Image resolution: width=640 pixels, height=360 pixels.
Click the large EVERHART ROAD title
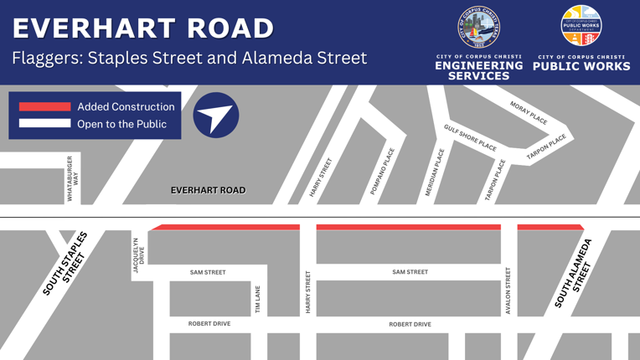click(142, 28)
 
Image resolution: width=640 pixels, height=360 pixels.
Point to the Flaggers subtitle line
click(189, 58)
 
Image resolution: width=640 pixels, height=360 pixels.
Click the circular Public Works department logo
click(581, 26)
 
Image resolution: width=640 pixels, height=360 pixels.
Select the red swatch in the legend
click(44, 106)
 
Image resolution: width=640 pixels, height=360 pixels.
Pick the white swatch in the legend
click(44, 124)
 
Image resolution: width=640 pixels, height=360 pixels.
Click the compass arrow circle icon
click(216, 116)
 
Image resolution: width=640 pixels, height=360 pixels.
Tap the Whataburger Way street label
click(73, 178)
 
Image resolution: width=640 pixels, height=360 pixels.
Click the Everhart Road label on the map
click(209, 190)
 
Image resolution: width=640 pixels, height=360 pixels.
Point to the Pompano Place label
click(382, 172)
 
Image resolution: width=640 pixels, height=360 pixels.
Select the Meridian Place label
click(435, 172)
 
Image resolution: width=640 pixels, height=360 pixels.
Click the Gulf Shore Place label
click(470, 136)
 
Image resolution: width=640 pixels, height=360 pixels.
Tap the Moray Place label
click(529, 113)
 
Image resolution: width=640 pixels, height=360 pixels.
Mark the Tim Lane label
click(257, 300)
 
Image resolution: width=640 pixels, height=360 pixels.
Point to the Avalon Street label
click(508, 291)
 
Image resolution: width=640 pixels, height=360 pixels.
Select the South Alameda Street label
click(573, 274)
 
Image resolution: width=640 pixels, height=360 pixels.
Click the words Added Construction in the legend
click(126, 106)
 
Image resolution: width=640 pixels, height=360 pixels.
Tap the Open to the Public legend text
click(121, 124)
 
